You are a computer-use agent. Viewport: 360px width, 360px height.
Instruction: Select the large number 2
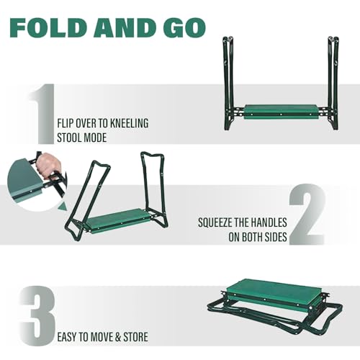307,214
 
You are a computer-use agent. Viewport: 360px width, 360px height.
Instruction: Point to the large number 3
37,315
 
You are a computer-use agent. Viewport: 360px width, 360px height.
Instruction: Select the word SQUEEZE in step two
215,222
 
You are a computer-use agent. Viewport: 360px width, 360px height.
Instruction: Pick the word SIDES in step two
276,237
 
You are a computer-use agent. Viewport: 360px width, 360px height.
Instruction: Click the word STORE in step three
135,337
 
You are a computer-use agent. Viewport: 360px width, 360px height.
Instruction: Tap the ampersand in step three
118,337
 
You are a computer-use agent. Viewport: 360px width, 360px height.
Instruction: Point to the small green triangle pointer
62,206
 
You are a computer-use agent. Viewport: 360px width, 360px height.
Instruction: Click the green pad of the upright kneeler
282,112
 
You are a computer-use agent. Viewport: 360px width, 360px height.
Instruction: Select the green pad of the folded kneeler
272,294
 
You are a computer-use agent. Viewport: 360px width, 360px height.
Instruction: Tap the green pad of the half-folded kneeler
117,221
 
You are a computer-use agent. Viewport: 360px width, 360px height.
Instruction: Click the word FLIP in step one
65,123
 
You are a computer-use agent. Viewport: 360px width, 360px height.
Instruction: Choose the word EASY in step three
67,337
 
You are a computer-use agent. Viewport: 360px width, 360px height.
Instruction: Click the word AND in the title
127,28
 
